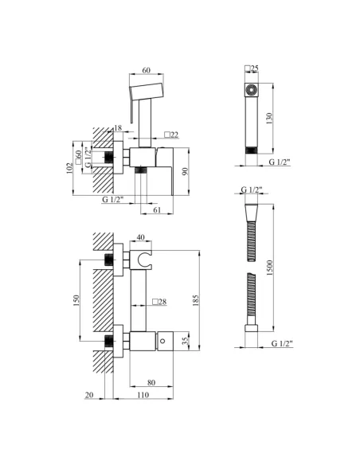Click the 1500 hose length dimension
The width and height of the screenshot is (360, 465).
(269, 268)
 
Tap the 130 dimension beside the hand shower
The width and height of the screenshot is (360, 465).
(269, 119)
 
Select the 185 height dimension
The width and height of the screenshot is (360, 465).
(195, 300)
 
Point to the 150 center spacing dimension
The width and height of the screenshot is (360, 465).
(76, 300)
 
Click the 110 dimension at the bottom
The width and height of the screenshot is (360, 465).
(143, 395)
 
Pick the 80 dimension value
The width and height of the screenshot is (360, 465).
(151, 382)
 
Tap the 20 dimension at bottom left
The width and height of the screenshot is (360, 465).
(89, 395)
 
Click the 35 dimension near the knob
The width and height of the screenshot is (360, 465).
(186, 341)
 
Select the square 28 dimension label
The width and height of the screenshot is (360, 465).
(159, 302)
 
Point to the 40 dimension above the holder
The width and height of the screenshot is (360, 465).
(141, 237)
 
